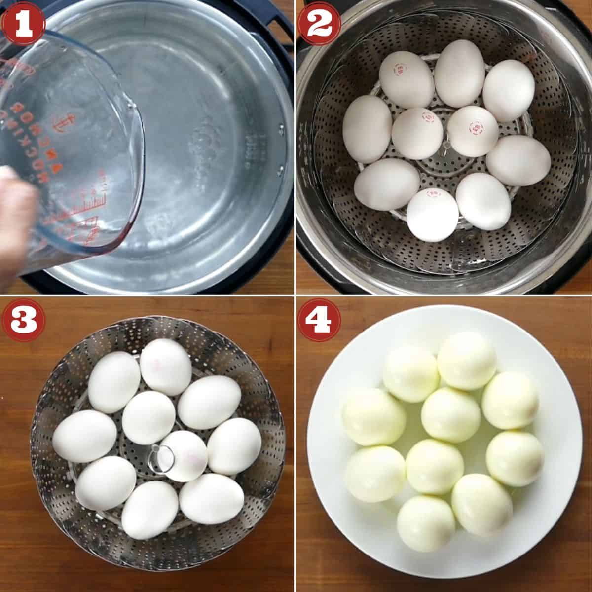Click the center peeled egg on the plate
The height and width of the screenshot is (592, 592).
click(450, 414)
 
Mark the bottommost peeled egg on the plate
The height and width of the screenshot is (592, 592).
click(426, 523)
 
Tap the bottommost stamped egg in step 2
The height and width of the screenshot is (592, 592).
click(432, 215)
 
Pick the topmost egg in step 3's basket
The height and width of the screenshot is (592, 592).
click(166, 367)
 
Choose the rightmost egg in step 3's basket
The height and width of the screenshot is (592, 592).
click(234, 446)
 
